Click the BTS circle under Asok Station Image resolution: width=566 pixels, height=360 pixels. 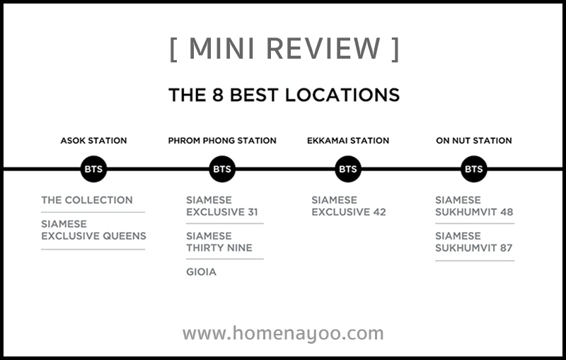93,169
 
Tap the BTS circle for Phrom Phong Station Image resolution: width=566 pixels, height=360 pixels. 222,169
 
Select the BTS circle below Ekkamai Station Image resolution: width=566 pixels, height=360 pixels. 348,169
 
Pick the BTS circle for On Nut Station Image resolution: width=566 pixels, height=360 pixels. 473,169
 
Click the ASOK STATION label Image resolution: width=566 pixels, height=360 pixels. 93,141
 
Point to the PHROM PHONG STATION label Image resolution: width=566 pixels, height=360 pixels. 222,141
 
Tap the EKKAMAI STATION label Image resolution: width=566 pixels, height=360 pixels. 348,141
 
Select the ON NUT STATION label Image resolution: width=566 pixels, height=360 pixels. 473,141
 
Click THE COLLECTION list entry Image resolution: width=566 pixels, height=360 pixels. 87,200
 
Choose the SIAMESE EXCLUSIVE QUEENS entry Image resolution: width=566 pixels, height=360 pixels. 93,230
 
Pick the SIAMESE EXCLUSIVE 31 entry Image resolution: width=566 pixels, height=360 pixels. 222,206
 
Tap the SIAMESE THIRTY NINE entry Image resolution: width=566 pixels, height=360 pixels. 219,242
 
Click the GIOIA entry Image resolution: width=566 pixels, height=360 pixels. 201,272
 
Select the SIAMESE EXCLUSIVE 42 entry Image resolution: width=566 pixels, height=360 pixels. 349,206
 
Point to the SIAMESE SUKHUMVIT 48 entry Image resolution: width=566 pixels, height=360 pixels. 474,206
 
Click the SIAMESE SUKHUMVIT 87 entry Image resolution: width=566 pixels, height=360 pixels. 473,242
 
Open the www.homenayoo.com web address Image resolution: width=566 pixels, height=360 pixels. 283,333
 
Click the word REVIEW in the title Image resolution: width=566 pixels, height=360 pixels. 323,48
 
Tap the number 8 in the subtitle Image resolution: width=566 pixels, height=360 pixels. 218,95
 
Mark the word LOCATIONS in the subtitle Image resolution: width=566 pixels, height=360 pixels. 342,95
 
